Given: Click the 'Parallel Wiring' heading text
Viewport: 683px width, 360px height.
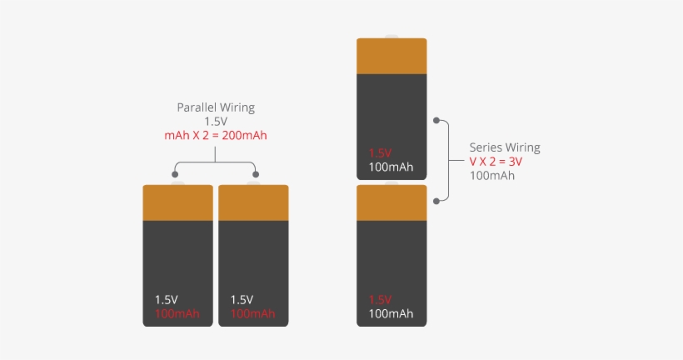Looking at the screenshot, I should click(x=216, y=107).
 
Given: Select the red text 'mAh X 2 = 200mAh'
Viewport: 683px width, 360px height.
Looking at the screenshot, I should click(x=216, y=135).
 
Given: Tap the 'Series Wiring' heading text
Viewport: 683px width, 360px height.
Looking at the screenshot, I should click(x=505, y=147).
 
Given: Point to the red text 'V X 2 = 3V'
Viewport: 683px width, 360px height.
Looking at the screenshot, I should click(x=496, y=162).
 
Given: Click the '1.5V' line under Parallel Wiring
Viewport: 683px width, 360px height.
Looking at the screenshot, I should click(x=216, y=122).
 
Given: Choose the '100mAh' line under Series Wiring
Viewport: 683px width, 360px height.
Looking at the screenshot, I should click(x=492, y=176).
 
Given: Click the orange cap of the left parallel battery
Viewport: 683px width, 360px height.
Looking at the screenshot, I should click(x=177, y=202).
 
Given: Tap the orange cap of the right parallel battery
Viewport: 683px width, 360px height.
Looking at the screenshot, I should click(x=253, y=202).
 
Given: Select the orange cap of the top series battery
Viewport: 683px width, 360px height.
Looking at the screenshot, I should click(x=391, y=56).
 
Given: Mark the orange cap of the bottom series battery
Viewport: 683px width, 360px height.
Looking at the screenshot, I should click(x=391, y=202).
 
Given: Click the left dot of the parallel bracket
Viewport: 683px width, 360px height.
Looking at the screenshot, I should click(x=175, y=175).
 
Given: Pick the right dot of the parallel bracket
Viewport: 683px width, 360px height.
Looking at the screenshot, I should click(x=256, y=175).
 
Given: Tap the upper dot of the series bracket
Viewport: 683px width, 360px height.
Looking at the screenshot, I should click(x=436, y=122).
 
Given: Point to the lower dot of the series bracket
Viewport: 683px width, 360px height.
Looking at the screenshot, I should click(x=436, y=201).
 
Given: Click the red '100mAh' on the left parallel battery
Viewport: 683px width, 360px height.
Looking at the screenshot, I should click(x=177, y=313).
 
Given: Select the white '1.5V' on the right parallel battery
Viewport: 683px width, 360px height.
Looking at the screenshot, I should click(x=242, y=299).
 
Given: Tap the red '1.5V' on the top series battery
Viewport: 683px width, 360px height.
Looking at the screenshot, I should click(x=380, y=153).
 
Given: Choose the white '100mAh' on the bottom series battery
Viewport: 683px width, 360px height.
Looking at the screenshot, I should click(x=391, y=313).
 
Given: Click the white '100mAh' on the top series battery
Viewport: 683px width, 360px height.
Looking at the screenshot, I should click(x=391, y=167).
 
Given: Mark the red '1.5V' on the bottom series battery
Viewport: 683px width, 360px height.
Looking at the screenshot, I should click(x=380, y=299).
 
